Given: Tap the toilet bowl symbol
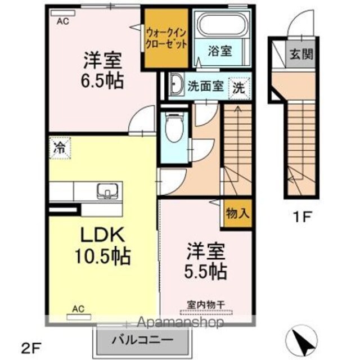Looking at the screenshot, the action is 175,127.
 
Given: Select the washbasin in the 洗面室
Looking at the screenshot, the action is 176,85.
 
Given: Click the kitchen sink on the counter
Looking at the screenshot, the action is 107,191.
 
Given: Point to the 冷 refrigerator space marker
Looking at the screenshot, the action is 60,148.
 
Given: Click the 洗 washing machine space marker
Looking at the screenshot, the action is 239,88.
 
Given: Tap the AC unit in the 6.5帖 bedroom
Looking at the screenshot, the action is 63,13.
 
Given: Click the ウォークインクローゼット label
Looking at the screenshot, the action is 166,38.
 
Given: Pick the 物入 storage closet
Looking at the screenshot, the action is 237,214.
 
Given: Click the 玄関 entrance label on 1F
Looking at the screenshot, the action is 301,55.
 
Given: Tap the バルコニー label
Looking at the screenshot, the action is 142,340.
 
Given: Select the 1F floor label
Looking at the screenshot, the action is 302,217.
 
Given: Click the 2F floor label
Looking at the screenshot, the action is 32,349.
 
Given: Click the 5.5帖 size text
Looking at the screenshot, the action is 206,271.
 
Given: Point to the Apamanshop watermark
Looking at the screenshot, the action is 180,322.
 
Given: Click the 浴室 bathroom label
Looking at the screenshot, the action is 220,51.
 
